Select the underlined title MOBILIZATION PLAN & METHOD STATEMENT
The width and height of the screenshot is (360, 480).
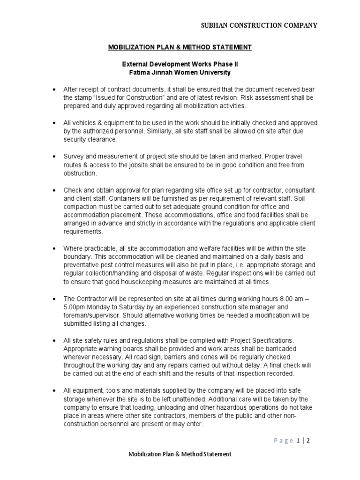click(180, 47)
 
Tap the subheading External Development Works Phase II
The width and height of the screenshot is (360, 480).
click(180, 64)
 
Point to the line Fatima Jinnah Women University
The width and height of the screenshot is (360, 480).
click(180, 73)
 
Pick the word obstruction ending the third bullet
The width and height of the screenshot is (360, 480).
click(80, 173)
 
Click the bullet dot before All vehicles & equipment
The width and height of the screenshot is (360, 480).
click(54, 123)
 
